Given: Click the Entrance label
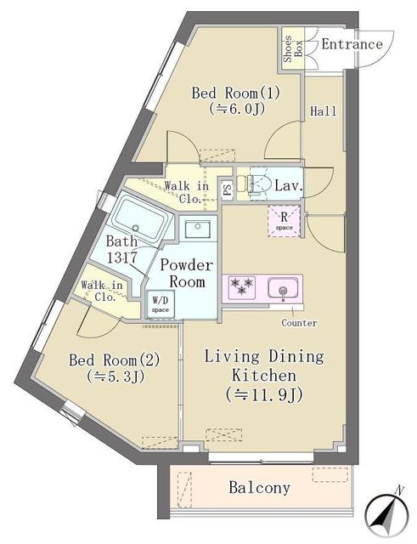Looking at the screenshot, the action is click(x=352, y=44).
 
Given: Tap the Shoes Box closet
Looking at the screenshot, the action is click(x=293, y=48).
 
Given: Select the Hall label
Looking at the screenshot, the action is click(x=323, y=111).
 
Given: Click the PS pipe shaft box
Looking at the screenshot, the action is click(x=228, y=190).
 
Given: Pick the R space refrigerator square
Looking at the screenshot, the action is click(x=284, y=221).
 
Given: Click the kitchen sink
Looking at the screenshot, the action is click(x=283, y=288).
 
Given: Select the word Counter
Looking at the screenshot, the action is click(x=299, y=323).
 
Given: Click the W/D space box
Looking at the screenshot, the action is click(x=161, y=303).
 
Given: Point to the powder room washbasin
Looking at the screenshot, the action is click(x=197, y=229).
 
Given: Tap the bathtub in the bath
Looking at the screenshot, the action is click(x=140, y=218).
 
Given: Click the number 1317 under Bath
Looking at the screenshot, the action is click(x=122, y=258).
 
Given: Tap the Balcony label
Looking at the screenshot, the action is click(x=259, y=487).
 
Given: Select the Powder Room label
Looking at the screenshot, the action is click(x=187, y=274).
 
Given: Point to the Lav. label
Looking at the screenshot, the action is click(x=289, y=185).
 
